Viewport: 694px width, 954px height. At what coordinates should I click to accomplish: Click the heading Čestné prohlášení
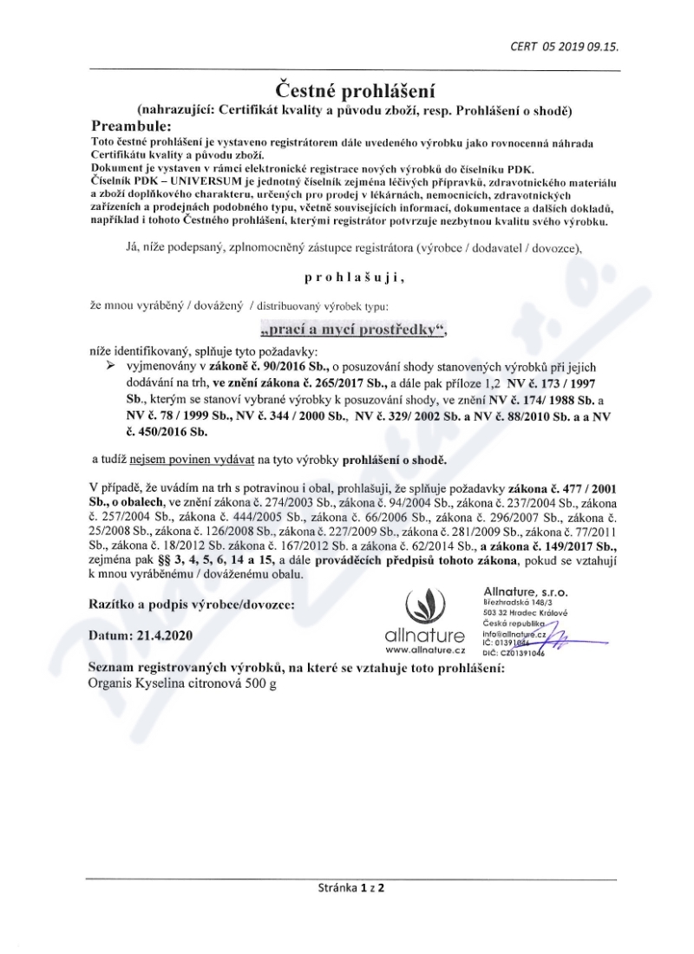click(x=347, y=89)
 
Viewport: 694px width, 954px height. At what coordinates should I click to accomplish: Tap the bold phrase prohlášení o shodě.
click(x=395, y=460)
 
